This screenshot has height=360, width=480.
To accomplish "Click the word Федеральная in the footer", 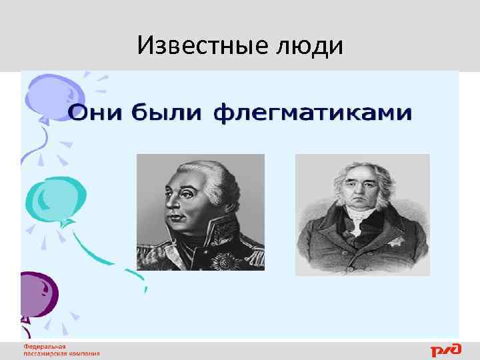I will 45,347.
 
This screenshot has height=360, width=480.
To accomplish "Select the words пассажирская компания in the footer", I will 61,354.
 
